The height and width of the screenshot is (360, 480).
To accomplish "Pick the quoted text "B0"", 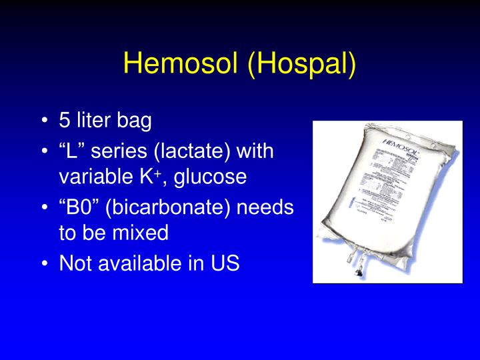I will tap(77, 207).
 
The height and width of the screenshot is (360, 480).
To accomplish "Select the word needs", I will tap(266, 207).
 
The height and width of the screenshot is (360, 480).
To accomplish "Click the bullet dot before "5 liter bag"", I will tap(44, 121).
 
